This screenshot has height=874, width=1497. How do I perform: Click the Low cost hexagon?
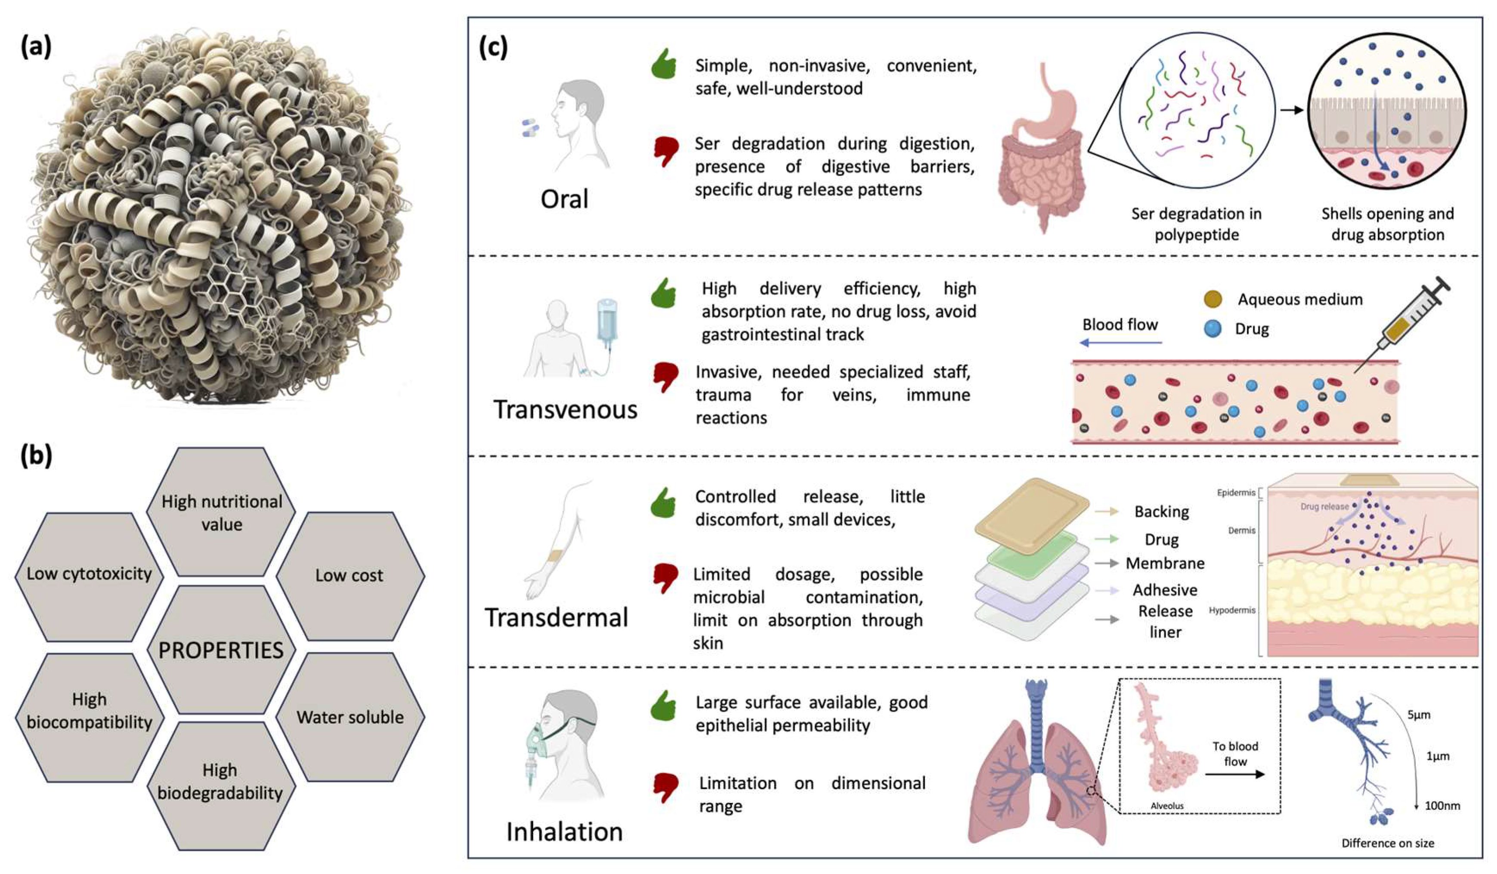coord(350,575)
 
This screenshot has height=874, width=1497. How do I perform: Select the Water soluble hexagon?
coord(350,716)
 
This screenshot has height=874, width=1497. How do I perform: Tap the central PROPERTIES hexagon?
coord(221,650)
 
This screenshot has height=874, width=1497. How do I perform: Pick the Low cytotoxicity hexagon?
coord(89,574)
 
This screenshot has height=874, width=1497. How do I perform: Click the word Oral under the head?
coord(564,199)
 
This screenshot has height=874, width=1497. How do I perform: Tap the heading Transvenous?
coord(565,410)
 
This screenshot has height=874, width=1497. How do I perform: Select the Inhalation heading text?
coord(564,832)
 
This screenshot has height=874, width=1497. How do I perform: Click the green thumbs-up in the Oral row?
coord(664,64)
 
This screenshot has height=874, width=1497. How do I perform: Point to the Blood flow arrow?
coord(1120,343)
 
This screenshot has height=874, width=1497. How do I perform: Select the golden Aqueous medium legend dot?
coord(1212,299)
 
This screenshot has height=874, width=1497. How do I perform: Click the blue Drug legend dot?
coord(1212,329)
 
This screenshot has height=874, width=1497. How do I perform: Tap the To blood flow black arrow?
coord(1234,774)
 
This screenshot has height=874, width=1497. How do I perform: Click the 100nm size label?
coord(1442,806)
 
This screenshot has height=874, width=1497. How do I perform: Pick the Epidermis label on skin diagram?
coord(1236,493)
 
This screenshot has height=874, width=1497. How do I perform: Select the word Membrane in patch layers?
coord(1165,563)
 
